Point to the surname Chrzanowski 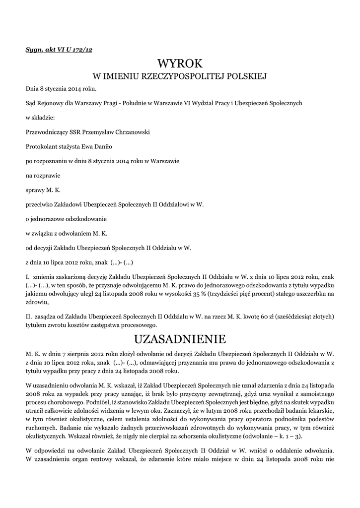131,132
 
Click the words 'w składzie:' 41,118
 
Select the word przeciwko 40,204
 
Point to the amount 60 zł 269,317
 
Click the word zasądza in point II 45,317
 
